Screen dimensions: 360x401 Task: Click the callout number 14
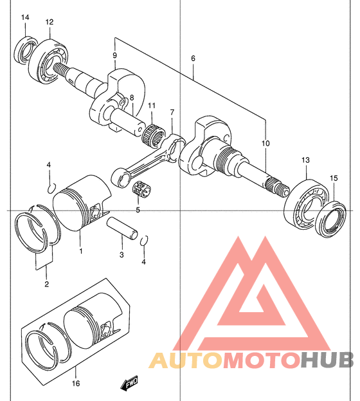tap(25, 17)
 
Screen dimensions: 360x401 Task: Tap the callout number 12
tap(50, 22)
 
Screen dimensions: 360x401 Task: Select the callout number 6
tap(193, 59)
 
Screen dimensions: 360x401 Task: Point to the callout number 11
tap(152, 106)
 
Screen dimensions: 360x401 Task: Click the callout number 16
tap(76, 384)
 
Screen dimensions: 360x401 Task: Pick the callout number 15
tap(334, 178)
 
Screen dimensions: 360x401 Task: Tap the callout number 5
tap(138, 210)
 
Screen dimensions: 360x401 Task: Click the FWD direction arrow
tap(129, 382)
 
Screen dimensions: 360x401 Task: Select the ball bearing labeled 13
tap(307, 203)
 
